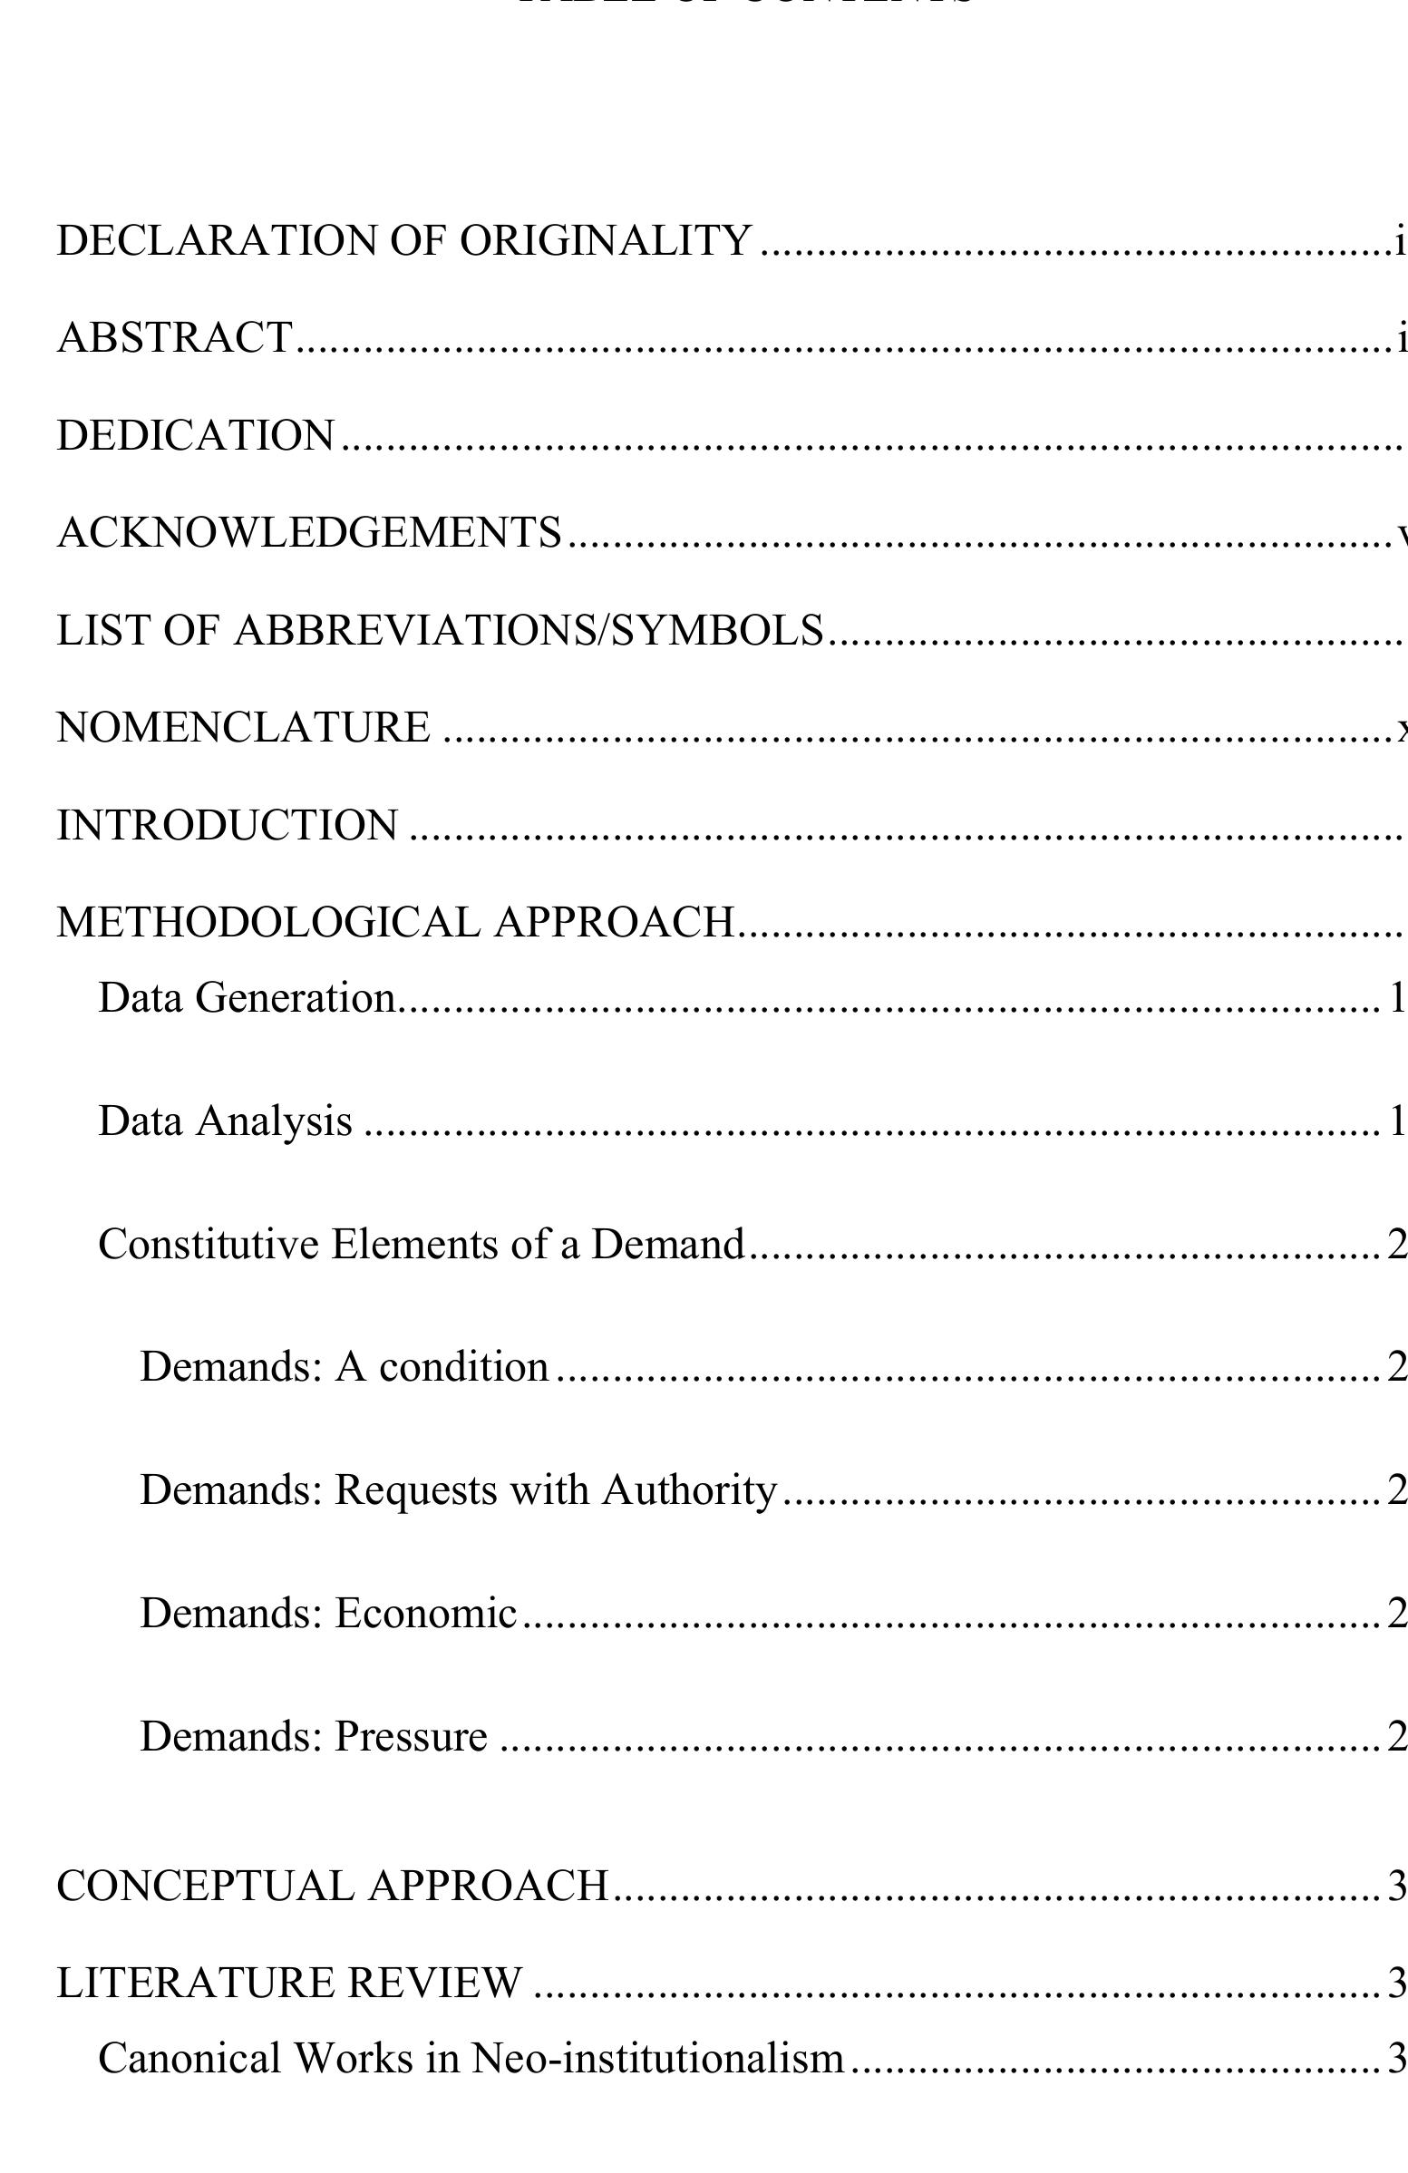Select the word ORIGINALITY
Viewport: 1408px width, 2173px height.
point(606,241)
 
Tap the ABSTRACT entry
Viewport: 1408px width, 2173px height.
point(174,338)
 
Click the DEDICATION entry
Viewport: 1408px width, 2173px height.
point(196,435)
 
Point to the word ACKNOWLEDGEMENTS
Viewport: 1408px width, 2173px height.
point(308,533)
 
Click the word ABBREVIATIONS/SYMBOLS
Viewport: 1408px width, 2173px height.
point(529,631)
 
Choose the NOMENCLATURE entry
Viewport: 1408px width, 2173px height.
point(243,729)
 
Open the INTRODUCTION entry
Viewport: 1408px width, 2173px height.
point(228,826)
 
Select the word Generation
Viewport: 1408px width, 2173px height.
point(296,998)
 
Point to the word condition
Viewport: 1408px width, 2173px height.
point(464,1368)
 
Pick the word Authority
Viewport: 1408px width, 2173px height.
point(689,1491)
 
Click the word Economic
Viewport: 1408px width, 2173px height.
point(425,1615)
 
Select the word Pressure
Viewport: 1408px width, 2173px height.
point(411,1738)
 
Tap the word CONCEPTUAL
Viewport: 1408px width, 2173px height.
point(206,1887)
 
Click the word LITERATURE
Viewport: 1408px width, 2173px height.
point(193,1984)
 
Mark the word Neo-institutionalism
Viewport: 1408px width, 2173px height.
point(657,2060)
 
